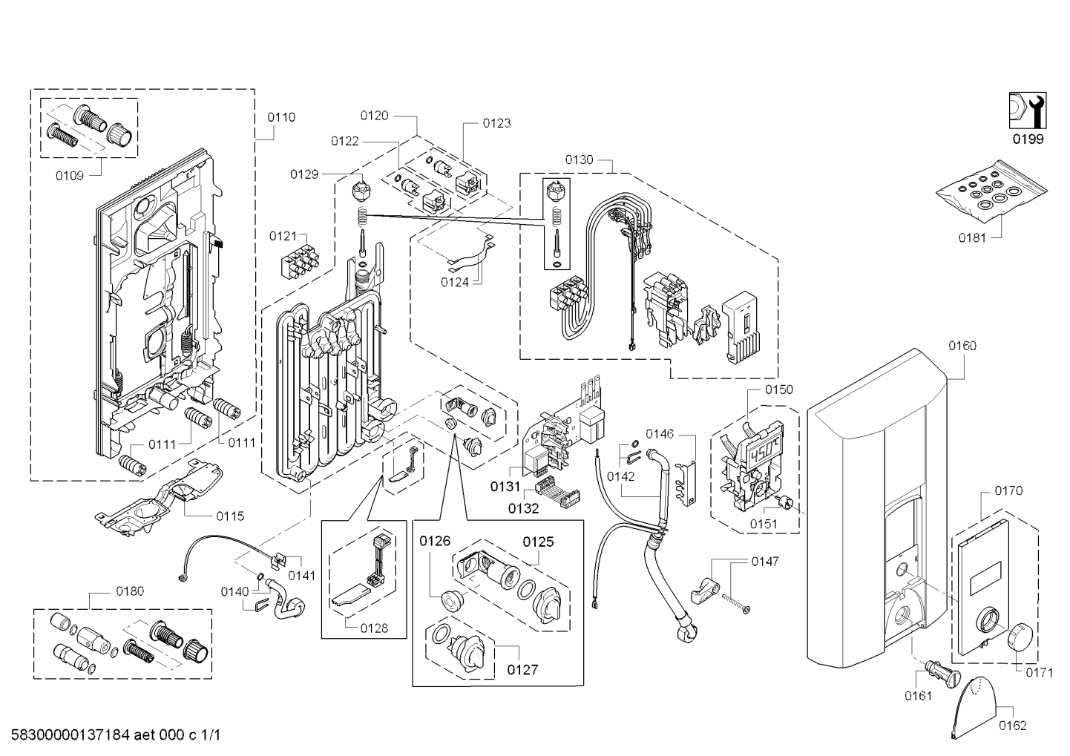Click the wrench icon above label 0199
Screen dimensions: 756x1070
[1026, 111]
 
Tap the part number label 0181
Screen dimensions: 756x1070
[973, 238]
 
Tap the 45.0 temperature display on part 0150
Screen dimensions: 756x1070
[760, 453]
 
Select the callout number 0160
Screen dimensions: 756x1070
[962, 345]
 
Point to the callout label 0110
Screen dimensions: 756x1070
[280, 116]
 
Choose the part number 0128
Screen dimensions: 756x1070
[373, 628]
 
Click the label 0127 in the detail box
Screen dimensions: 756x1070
[522, 669]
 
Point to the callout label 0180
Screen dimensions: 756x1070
[130, 591]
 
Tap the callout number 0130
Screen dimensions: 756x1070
[579, 160]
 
